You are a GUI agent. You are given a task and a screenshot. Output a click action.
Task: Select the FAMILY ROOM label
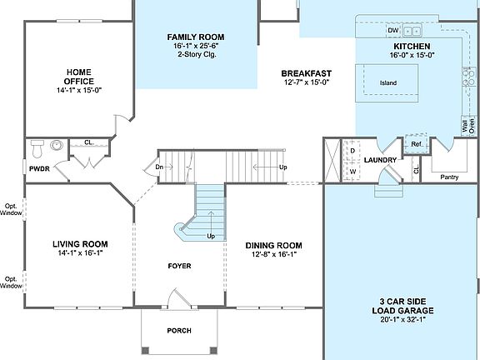tap(196, 37)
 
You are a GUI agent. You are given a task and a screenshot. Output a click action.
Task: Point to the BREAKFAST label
tap(306, 73)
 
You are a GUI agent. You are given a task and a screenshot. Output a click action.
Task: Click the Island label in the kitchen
tap(388, 83)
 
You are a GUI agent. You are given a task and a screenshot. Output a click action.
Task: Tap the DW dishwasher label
tap(393, 31)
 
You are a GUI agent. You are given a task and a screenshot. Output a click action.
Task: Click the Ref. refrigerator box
tap(416, 144)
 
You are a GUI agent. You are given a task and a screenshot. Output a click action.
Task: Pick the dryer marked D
tap(352, 151)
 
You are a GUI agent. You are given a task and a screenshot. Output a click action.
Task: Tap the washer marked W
tap(352, 171)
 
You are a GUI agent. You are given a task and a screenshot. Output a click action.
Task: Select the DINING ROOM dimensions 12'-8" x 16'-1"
tap(274, 256)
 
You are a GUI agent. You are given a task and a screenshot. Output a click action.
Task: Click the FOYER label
tap(179, 267)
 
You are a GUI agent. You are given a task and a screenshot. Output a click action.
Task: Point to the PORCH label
tap(179, 331)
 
